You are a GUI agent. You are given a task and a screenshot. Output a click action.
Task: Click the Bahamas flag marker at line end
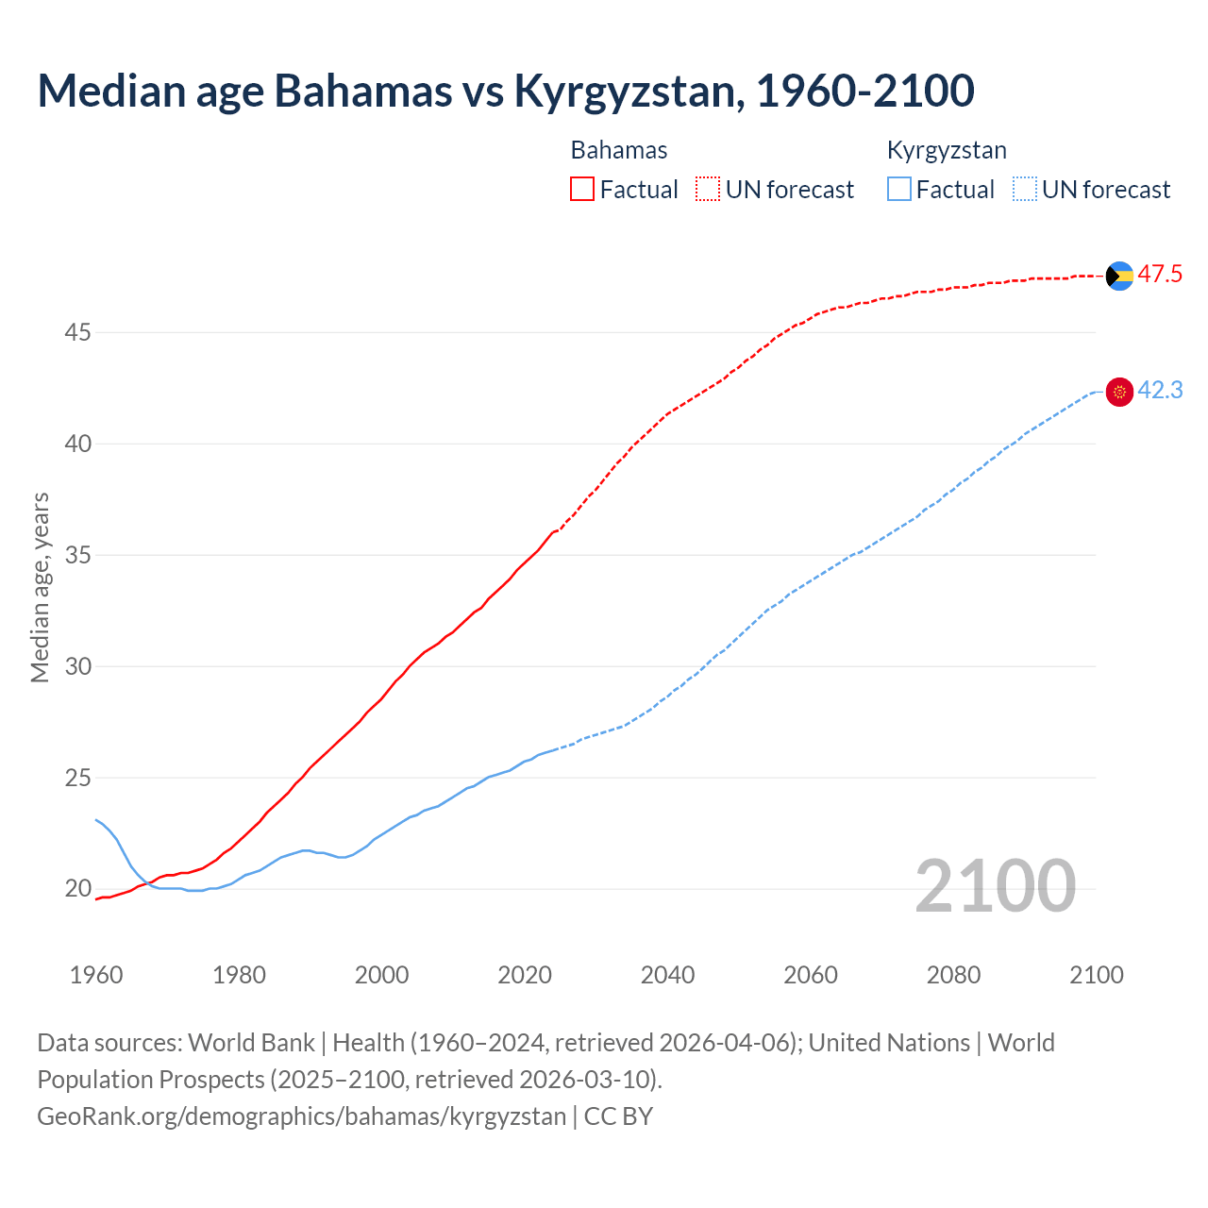(x=1119, y=276)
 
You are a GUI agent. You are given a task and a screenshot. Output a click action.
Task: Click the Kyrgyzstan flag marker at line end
(x=1119, y=392)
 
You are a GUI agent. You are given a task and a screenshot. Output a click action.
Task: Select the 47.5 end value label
(x=1160, y=275)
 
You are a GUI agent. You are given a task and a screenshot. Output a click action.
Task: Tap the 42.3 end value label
(x=1160, y=391)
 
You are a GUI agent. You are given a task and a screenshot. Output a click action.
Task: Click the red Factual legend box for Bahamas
(x=582, y=190)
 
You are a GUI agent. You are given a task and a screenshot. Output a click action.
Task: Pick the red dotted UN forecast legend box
(x=708, y=190)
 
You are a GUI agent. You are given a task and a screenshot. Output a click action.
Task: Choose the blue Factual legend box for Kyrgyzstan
(x=899, y=190)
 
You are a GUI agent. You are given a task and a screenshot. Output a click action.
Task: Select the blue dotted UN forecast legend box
(x=1024, y=190)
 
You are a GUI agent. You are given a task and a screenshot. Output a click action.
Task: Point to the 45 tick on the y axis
(x=78, y=333)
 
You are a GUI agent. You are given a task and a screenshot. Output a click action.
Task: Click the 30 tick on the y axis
(x=78, y=666)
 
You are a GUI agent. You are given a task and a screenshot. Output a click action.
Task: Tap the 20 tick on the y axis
(x=78, y=889)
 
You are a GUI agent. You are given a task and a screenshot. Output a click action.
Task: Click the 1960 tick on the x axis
(x=96, y=975)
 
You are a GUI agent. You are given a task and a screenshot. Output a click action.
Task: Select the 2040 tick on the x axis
(x=667, y=975)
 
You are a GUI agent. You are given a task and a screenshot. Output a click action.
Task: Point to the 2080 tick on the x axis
(x=953, y=975)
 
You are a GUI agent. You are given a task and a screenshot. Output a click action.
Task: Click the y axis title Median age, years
(x=40, y=587)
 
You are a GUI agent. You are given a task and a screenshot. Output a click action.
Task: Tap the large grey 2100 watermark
(x=995, y=886)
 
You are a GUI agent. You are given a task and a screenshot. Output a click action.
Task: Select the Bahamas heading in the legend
(x=619, y=150)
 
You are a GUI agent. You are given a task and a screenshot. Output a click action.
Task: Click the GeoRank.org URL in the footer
(x=301, y=1116)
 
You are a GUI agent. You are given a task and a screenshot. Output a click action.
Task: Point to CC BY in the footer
(x=618, y=1116)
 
